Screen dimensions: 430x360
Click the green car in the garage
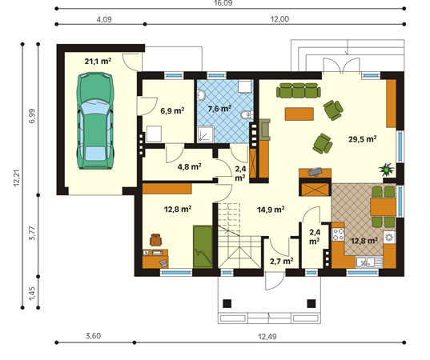coord(95,121)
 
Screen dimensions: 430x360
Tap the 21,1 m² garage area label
coord(98,61)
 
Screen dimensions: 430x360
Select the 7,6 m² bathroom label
coord(219,109)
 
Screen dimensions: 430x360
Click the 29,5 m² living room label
coord(362,139)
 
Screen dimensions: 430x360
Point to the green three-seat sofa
coord(299,90)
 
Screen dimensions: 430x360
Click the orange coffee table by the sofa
coord(299,114)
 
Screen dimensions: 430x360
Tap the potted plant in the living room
coord(387,170)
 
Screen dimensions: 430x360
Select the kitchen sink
coord(369,262)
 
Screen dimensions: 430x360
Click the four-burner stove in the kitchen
coord(338,234)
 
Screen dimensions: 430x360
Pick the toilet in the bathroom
coord(247,115)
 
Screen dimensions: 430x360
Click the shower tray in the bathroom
coord(206,134)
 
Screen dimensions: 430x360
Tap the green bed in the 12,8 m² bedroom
coord(203,246)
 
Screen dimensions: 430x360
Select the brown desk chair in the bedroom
coord(156,240)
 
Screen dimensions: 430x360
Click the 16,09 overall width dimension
coord(223,3)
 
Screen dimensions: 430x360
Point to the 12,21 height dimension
coord(17,178)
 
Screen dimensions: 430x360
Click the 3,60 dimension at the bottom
coord(93,336)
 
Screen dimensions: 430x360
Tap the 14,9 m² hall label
coord(271,210)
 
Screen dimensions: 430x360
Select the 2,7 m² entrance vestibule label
coord(282,261)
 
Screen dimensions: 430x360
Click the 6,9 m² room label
coord(172,110)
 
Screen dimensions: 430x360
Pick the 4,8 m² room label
coord(190,166)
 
